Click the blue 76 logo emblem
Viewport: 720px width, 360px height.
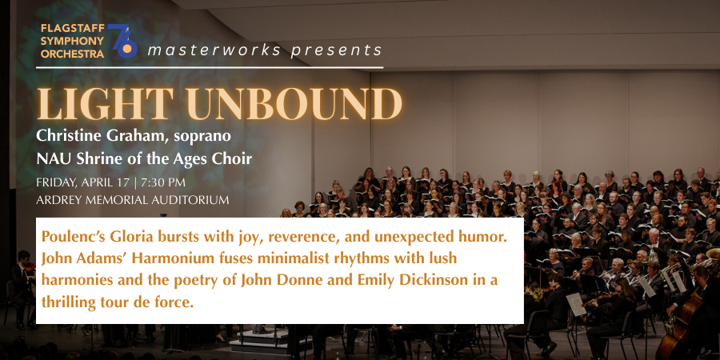[x=122, y=41]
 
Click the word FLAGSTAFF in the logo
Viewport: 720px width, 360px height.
[x=73, y=29]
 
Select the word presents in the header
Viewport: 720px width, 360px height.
[x=336, y=50]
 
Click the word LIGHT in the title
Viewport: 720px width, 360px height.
[x=106, y=104]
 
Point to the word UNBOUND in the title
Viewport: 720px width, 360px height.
[x=294, y=104]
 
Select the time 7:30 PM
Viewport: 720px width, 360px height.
[x=162, y=182]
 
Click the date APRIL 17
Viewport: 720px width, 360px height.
[x=104, y=182]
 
